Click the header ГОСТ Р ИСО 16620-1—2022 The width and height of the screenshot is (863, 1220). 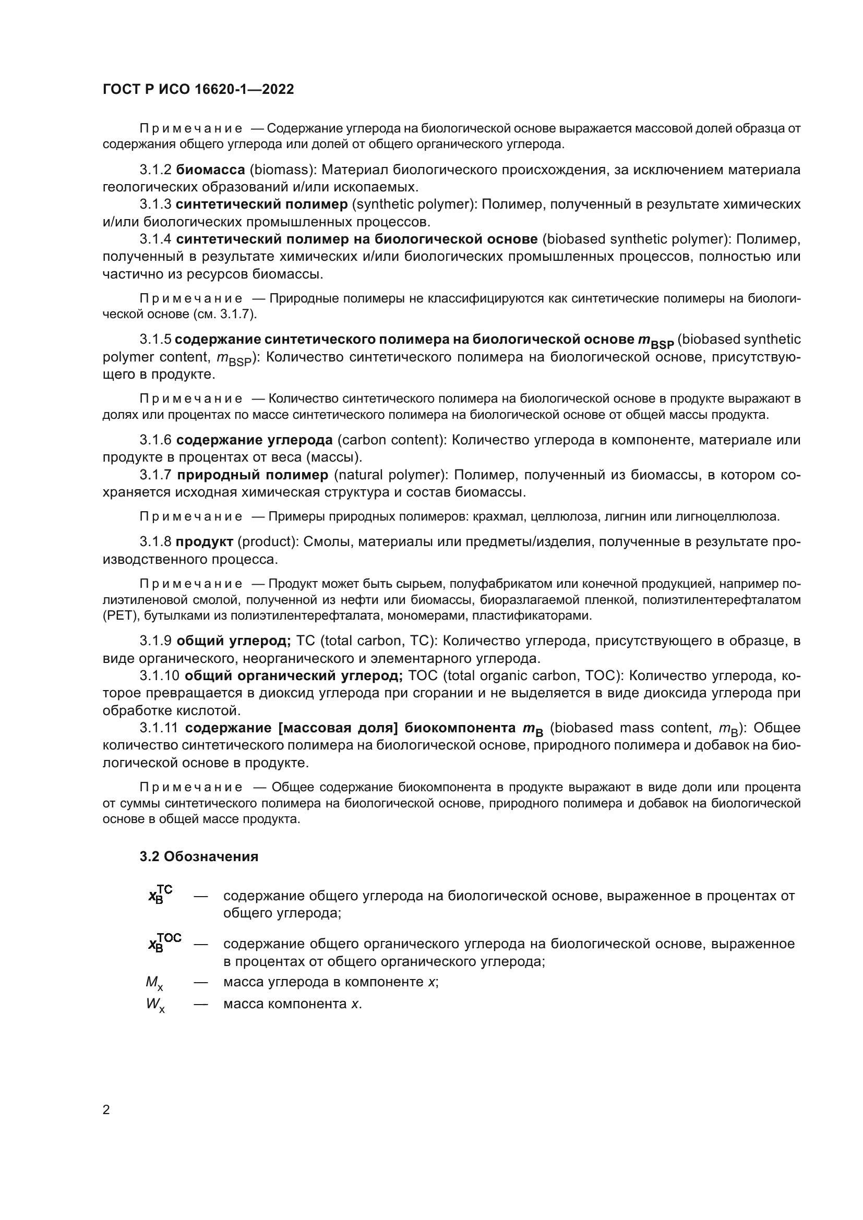coord(198,89)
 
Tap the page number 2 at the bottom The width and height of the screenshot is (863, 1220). coord(106,1110)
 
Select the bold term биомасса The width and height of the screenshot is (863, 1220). coord(210,170)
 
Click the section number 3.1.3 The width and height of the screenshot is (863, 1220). coord(155,204)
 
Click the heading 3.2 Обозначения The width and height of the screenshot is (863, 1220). coord(199,856)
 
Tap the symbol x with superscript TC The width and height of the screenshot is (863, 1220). coord(160,895)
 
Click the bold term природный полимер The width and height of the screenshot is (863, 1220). coord(253,475)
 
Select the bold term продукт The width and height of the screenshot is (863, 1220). coord(205,541)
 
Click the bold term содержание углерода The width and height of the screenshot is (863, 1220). coord(255,440)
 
